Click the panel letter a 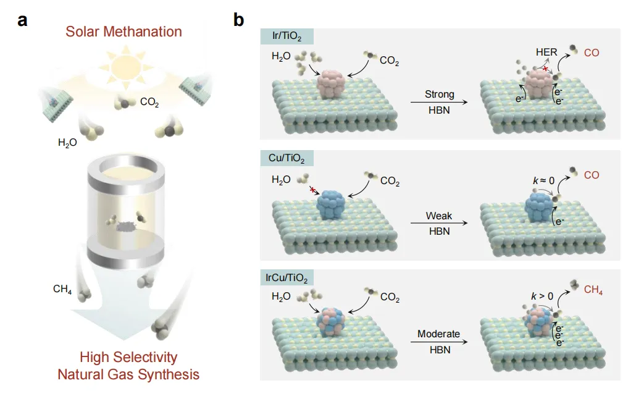[x=23, y=20]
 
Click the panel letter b [x=238, y=20]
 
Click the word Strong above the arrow [x=439, y=95]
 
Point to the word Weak [x=439, y=217]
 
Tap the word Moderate [x=438, y=334]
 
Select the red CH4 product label [x=593, y=290]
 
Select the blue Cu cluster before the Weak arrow [x=334, y=205]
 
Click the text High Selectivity [x=128, y=357]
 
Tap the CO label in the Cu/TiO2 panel [x=591, y=175]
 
